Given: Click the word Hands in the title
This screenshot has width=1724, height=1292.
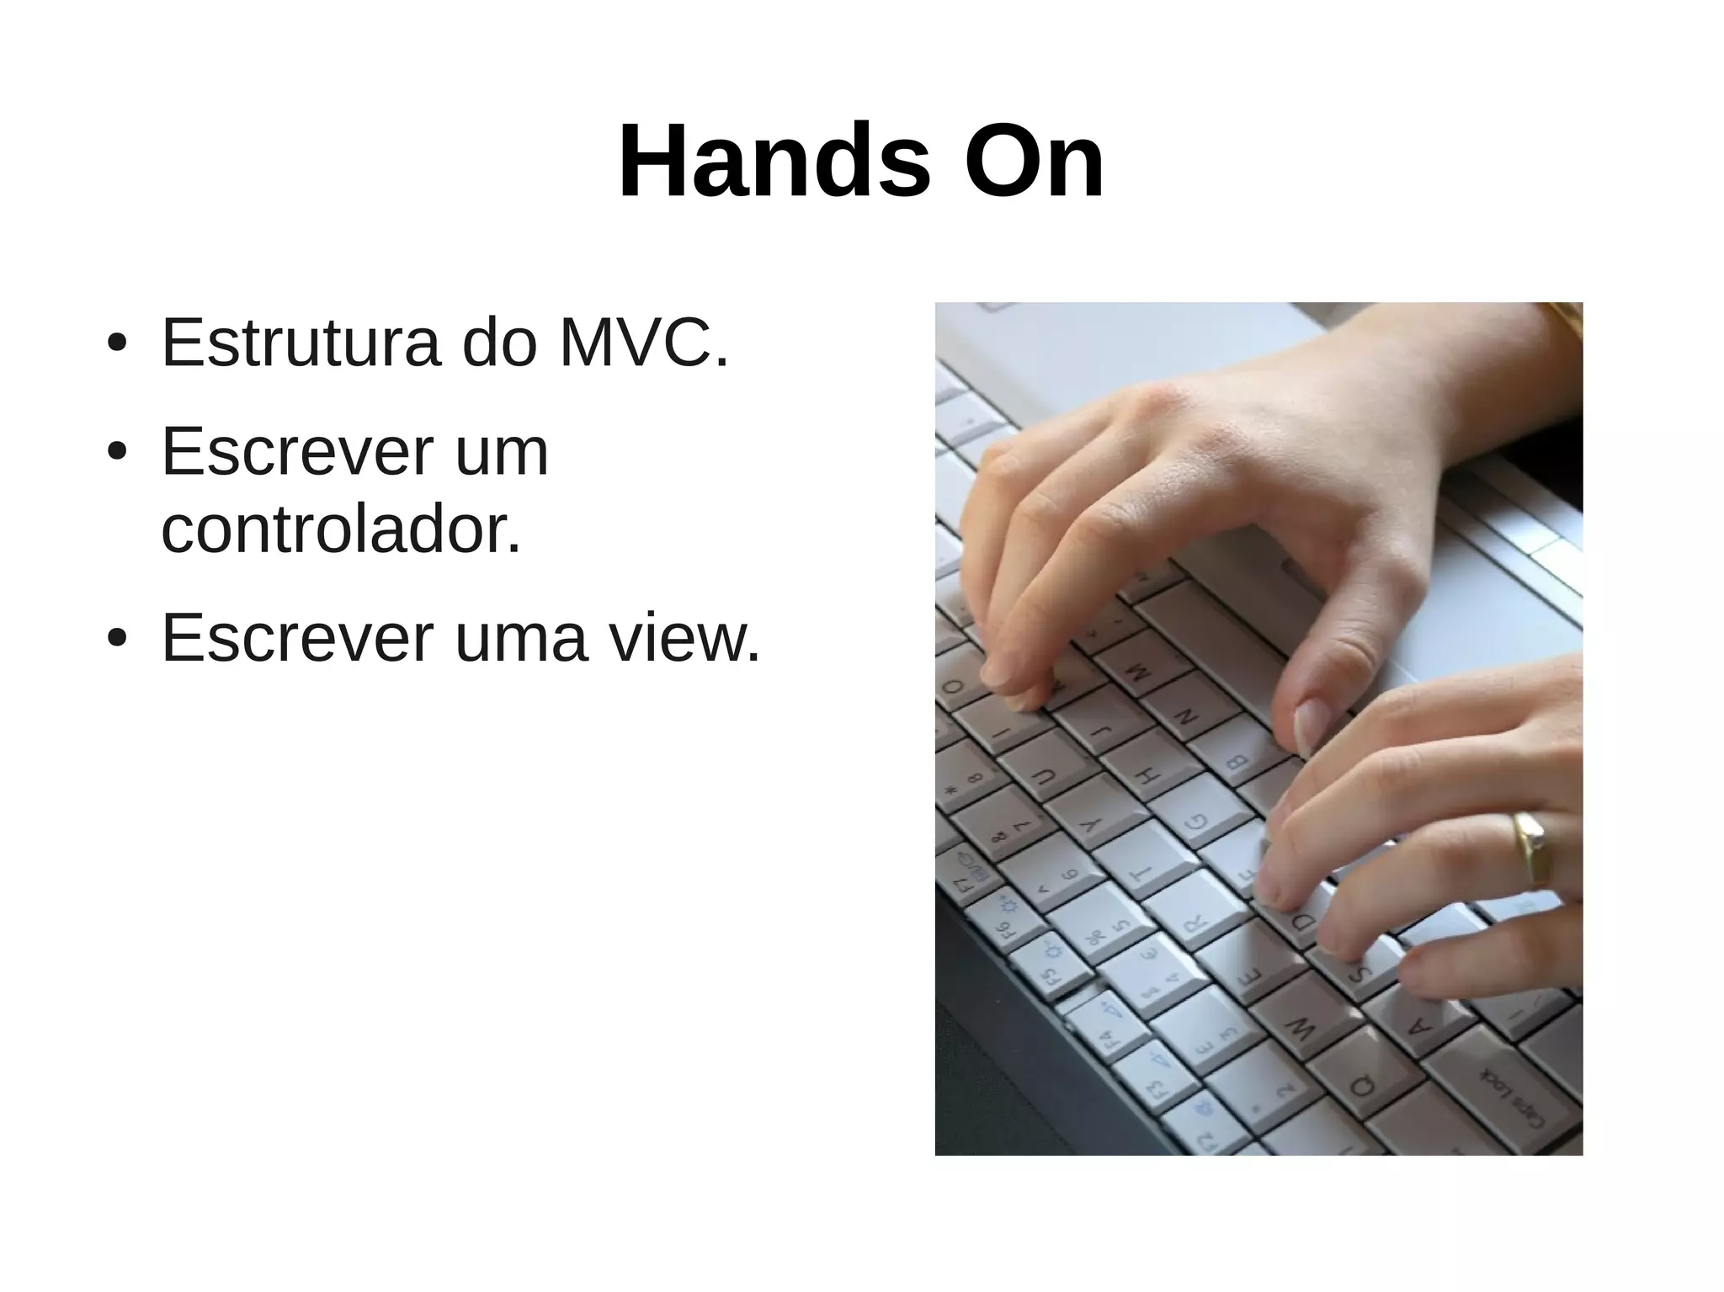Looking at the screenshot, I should [774, 162].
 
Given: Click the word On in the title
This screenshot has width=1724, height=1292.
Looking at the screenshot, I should [1034, 162].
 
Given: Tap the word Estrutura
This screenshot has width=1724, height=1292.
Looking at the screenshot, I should [301, 343].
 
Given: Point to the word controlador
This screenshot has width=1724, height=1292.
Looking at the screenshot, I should [341, 530].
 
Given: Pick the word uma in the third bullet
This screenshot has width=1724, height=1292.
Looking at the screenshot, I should [520, 638].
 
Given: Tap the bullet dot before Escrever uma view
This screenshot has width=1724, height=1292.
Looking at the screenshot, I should [117, 639].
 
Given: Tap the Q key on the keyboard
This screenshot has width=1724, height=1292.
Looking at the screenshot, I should [1362, 1086].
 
